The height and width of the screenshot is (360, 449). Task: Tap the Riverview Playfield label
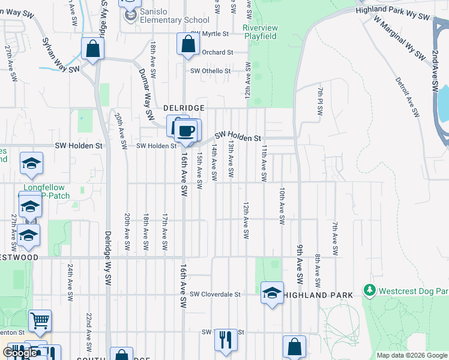pos(260,32)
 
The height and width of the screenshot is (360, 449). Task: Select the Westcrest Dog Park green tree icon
pos(370,291)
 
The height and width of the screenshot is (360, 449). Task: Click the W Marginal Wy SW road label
pos(397,37)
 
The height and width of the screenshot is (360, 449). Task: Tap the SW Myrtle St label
pos(209,34)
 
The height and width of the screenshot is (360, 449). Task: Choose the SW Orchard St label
pos(214,52)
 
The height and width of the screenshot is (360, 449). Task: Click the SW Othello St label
pos(210,71)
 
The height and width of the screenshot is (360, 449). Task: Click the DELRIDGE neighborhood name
pos(184,107)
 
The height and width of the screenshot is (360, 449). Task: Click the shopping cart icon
pos(40,320)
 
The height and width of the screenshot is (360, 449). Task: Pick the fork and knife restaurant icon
pos(226,339)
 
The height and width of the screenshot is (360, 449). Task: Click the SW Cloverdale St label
pos(215,295)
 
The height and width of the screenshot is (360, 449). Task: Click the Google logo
pos(20,353)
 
